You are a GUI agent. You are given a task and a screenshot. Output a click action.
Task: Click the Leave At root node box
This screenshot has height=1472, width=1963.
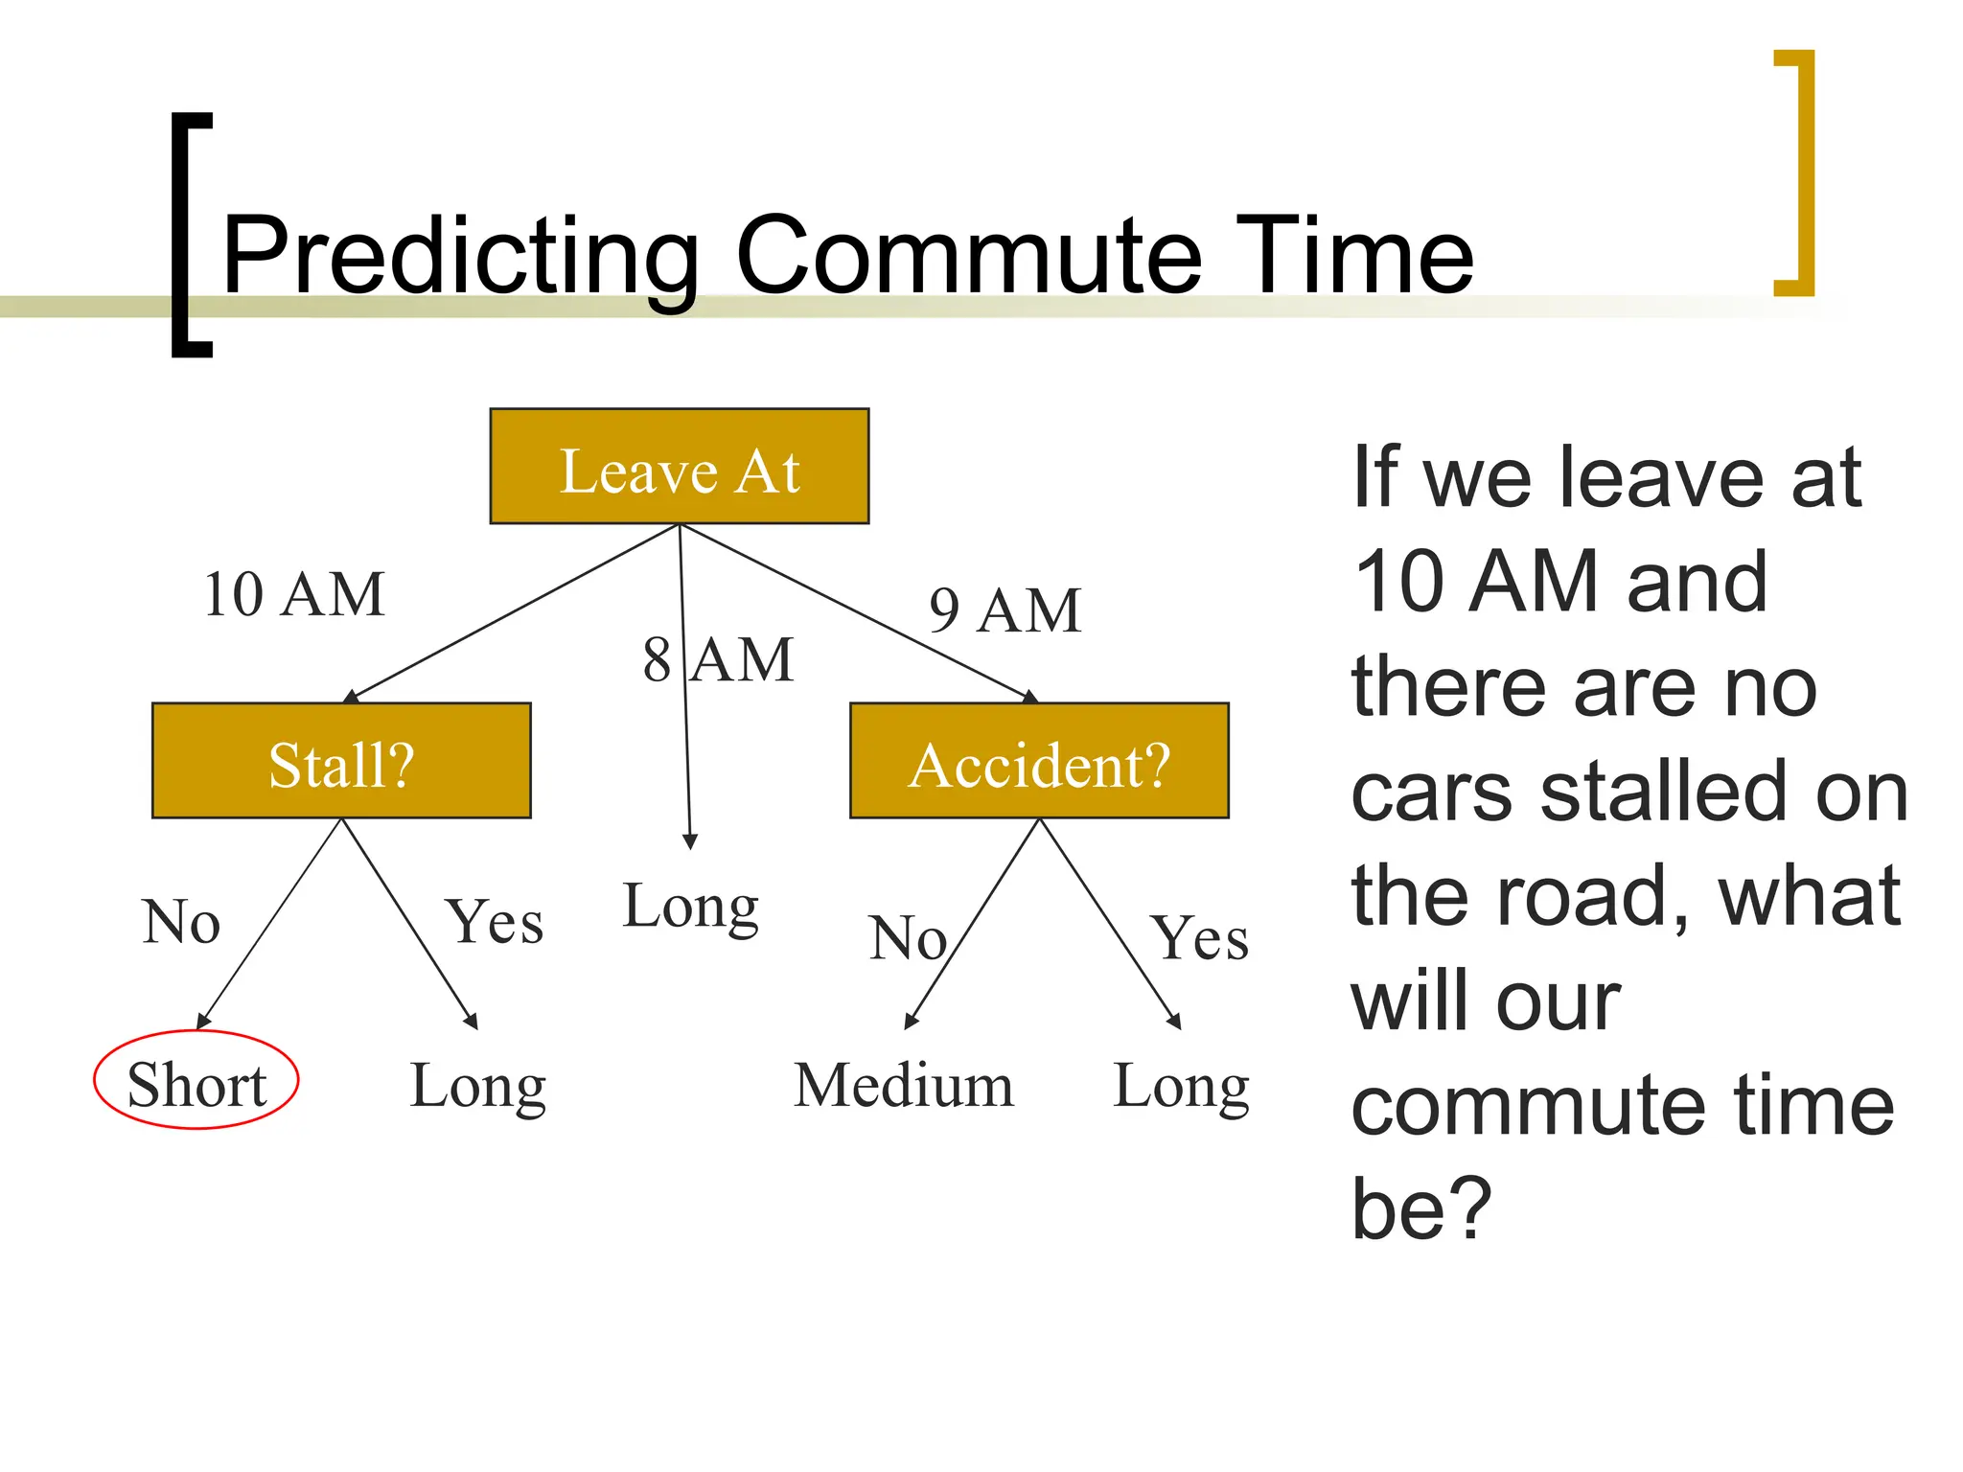(679, 467)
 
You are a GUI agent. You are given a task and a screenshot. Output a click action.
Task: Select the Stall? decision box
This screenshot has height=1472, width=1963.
(341, 761)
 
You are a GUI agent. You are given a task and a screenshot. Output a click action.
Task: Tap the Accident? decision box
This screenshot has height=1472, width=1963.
(1039, 761)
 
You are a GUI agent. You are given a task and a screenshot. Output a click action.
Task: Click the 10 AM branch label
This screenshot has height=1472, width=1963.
(294, 595)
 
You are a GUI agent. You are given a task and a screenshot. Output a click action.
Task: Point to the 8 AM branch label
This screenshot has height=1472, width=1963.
(719, 660)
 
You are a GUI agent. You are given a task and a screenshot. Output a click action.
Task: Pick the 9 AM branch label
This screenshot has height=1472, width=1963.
(1005, 610)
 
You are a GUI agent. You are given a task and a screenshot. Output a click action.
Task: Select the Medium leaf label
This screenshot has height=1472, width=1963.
(903, 1086)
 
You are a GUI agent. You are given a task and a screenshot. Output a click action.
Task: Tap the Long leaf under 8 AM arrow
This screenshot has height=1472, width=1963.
(690, 907)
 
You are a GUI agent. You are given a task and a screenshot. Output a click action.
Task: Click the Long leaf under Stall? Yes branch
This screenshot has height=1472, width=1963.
(477, 1087)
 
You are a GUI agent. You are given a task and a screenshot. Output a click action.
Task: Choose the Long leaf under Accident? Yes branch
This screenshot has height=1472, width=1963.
(1181, 1087)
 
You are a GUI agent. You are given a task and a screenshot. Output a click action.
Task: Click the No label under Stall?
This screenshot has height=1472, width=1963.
(181, 922)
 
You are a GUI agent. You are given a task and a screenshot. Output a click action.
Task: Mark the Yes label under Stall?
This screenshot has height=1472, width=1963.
(495, 922)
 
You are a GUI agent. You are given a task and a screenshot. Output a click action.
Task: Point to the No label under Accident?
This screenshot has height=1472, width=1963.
(907, 937)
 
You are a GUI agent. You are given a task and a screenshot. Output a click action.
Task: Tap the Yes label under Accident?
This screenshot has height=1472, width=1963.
(1200, 937)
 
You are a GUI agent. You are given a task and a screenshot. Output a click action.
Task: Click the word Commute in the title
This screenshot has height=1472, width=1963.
(968, 255)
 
